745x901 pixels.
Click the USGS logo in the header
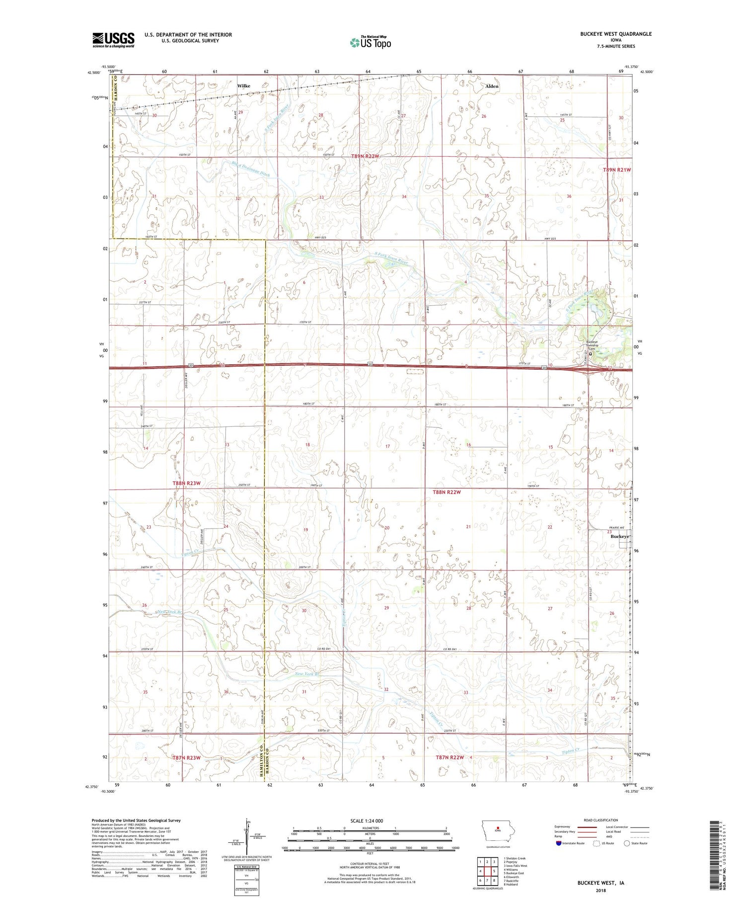[x=113, y=40]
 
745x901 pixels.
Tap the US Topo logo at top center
[x=370, y=43]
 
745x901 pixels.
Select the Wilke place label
[x=243, y=86]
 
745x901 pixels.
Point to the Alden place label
[x=492, y=86]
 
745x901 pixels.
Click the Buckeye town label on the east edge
[x=620, y=537]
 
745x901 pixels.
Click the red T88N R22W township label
[x=447, y=492]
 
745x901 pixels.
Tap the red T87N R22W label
[x=449, y=757]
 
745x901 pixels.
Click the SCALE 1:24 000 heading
[x=370, y=820]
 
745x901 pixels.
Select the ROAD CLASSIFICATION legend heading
[x=601, y=820]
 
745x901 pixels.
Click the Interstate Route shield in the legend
[x=559, y=843]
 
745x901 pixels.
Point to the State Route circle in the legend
[x=626, y=843]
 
